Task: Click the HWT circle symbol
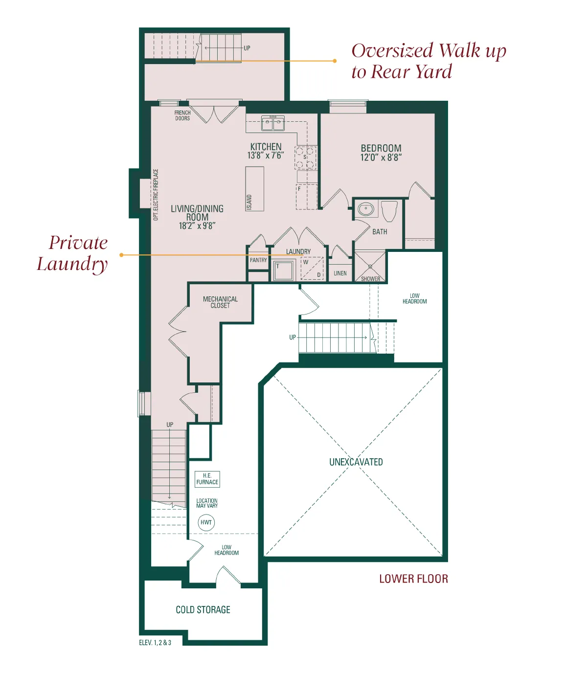click(206, 522)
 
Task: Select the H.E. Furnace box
click(207, 479)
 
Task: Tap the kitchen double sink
click(273, 123)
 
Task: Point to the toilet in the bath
click(389, 211)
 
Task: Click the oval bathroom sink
click(366, 209)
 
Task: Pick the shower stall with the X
click(370, 267)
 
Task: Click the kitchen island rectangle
click(254, 188)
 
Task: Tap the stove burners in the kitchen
click(306, 157)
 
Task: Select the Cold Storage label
click(203, 609)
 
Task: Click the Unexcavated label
click(356, 462)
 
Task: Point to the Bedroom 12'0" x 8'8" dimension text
click(381, 157)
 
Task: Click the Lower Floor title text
click(414, 579)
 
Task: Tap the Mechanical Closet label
click(220, 302)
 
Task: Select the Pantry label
click(258, 260)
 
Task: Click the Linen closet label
click(340, 273)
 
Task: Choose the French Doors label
click(182, 115)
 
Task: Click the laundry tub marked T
click(283, 270)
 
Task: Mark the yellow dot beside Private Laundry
click(121, 255)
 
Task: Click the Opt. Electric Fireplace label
click(156, 195)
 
